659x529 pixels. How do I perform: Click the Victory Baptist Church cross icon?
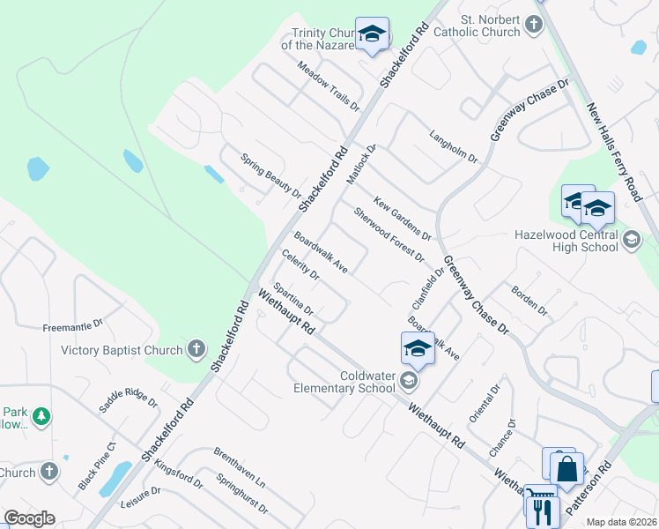(x=196, y=350)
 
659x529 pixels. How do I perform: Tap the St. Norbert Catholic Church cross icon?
(x=534, y=26)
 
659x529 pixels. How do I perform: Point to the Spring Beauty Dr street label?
(x=271, y=175)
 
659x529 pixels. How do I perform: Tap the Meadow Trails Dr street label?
(x=329, y=85)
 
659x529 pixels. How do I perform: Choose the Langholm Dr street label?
(x=453, y=147)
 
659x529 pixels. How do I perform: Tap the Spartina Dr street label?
(x=293, y=299)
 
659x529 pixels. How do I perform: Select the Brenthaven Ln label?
(x=239, y=468)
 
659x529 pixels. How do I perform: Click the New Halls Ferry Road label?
(x=616, y=151)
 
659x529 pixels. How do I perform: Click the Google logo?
(x=30, y=518)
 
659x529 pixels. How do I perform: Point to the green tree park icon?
(x=41, y=415)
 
